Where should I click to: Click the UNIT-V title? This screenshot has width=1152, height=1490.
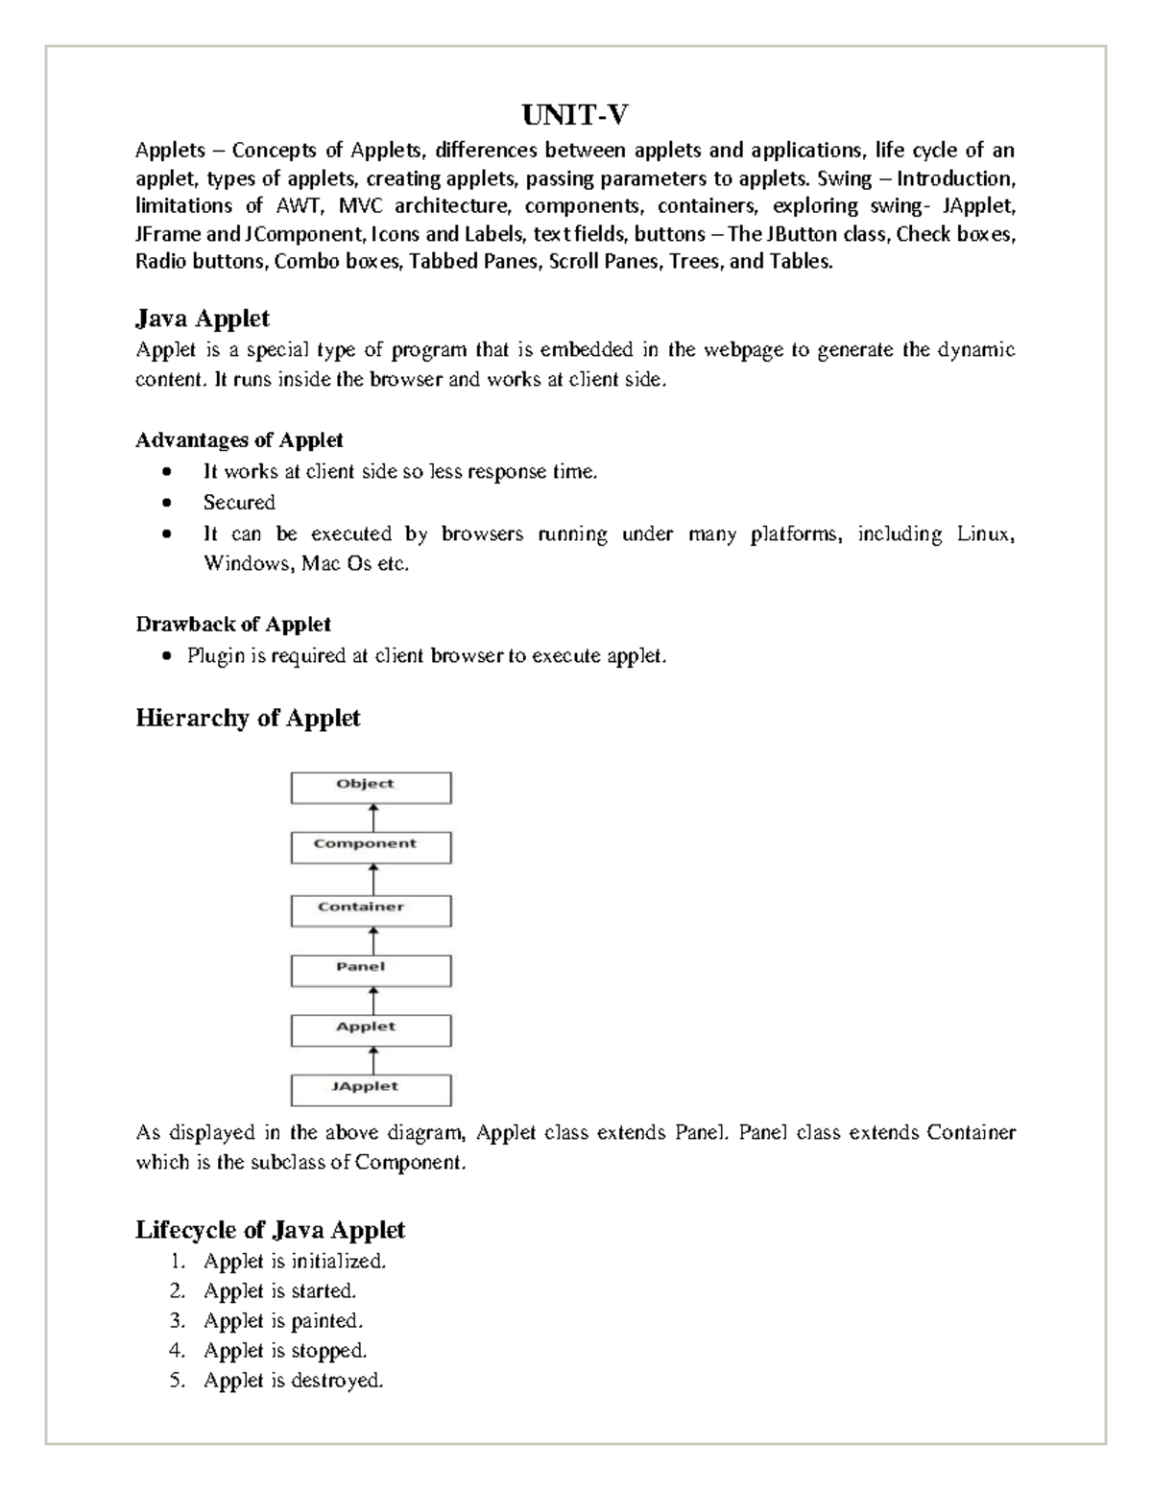point(575,116)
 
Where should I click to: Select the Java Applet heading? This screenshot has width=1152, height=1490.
point(202,318)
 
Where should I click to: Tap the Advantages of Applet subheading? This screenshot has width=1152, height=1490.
point(239,440)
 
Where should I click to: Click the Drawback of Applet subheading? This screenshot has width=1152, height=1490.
point(233,625)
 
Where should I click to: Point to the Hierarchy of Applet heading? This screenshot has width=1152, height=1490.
point(248,718)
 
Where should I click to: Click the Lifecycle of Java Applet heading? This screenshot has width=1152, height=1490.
point(270,1229)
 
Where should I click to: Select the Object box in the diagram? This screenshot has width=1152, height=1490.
point(371,788)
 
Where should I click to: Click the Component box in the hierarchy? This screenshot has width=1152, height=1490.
point(371,847)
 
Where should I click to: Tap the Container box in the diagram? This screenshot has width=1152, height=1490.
point(371,910)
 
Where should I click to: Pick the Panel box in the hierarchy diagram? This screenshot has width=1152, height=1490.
point(371,970)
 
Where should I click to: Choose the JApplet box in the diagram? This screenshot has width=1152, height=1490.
point(371,1089)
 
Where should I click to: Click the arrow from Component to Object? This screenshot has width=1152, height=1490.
point(372,817)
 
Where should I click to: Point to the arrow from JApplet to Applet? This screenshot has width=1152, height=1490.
point(372,1059)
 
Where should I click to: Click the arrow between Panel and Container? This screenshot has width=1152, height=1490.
point(372,940)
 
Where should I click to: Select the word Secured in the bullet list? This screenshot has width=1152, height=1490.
point(239,503)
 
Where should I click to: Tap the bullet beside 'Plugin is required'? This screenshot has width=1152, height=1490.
point(168,656)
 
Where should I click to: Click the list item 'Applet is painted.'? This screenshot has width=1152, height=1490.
point(283,1321)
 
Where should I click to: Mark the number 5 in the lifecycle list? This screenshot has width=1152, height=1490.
point(176,1381)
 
